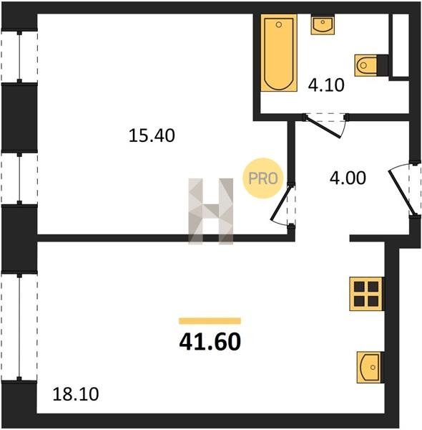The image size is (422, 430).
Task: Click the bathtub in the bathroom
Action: pyautogui.click(x=279, y=52)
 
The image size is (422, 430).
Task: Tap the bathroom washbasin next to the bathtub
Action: pyautogui.click(x=323, y=25)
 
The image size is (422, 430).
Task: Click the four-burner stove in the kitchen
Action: pyautogui.click(x=366, y=294)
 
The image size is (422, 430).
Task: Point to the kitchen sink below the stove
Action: pyautogui.click(x=369, y=368)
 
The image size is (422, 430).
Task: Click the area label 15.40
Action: pyautogui.click(x=152, y=135)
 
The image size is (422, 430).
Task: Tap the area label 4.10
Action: pyautogui.click(x=326, y=85)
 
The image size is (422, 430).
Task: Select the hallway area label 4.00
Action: pyautogui.click(x=348, y=178)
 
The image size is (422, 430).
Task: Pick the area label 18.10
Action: pyautogui.click(x=76, y=394)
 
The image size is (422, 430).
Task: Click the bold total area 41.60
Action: pyautogui.click(x=210, y=342)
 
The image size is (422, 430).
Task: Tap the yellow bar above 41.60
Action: pyautogui.click(x=210, y=321)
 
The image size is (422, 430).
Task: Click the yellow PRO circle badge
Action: pyautogui.click(x=263, y=178)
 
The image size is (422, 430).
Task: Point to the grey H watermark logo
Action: pyautogui.click(x=211, y=211)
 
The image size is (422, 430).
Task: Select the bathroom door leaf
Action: pyautogui.click(x=323, y=128)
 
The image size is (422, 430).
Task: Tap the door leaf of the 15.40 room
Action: pyautogui.click(x=281, y=203)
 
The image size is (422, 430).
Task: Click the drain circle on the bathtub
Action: pyautogui.click(x=279, y=24)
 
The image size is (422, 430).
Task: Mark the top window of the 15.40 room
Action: pyautogui.click(x=19, y=57)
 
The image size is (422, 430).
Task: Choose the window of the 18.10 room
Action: pyautogui.click(x=19, y=327)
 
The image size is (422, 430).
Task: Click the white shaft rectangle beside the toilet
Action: pyautogui.click(x=401, y=45)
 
